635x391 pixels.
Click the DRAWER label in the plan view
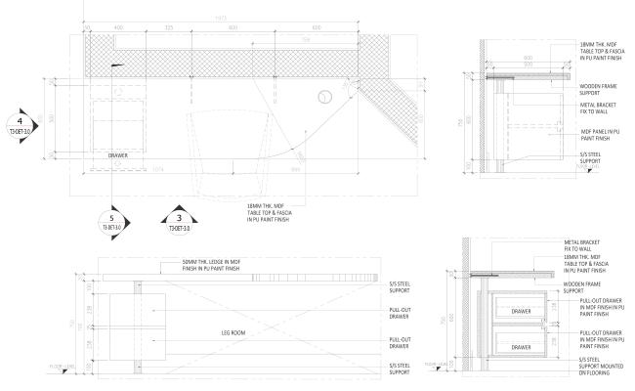coord(118,154)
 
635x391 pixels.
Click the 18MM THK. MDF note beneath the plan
coord(273,209)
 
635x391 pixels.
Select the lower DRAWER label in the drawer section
coord(522,347)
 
